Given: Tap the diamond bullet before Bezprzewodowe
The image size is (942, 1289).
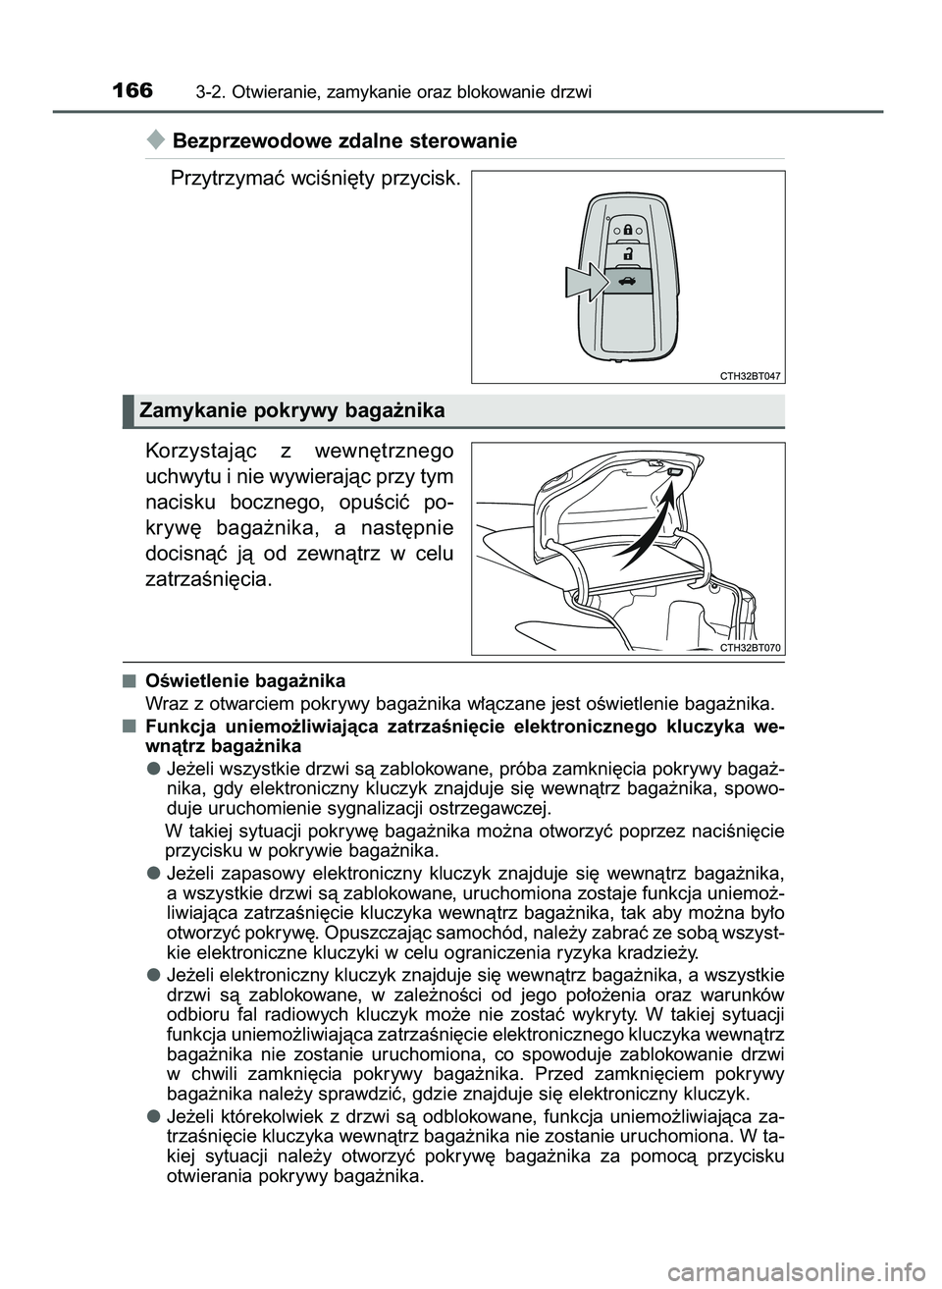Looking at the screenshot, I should (155, 140).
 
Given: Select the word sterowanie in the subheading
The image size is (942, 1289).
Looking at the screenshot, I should (467, 141).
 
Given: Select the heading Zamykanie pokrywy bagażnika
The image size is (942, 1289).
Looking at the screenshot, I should (292, 411).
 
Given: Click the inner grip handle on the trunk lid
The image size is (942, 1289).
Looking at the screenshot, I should (675, 473).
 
